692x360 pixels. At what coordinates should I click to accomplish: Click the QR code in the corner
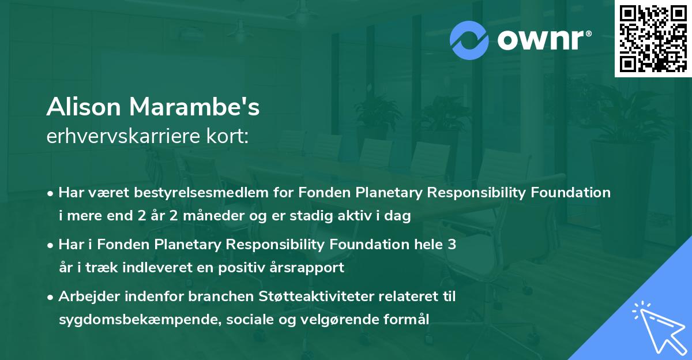(x=653, y=38)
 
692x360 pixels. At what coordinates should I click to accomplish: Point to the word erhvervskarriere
(x=120, y=136)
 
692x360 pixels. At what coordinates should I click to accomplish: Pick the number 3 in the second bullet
(x=452, y=245)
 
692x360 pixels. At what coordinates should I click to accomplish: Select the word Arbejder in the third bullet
(x=84, y=297)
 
